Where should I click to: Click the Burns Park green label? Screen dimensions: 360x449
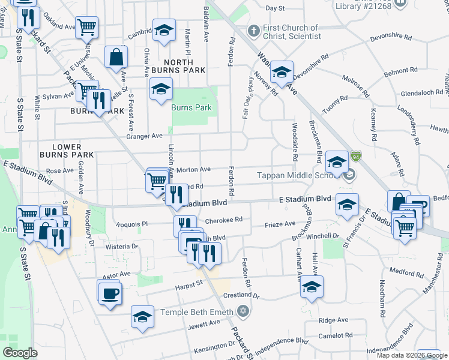point(191,108)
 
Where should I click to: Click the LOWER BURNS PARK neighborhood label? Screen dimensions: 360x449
point(73,151)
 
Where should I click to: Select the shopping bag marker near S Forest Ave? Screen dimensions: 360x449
point(116,57)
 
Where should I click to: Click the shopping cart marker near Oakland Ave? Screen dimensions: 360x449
point(86,27)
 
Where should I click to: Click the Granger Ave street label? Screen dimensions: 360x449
point(144,136)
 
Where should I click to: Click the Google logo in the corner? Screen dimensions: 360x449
point(20,353)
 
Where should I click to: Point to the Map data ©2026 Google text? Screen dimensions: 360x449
point(411,355)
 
